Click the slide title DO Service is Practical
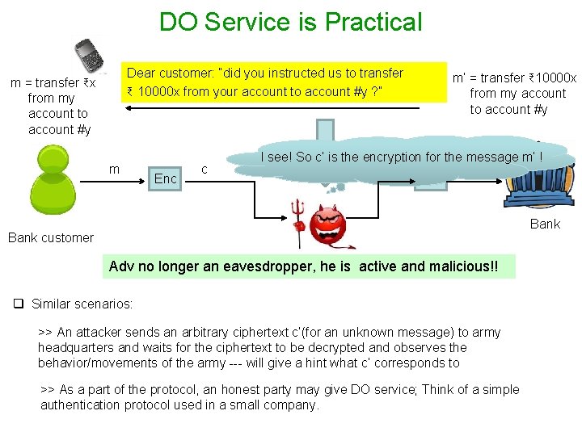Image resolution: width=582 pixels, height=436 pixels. tap(290, 22)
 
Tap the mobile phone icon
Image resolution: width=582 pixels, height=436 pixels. tap(88, 56)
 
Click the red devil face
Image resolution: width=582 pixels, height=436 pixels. tap(328, 225)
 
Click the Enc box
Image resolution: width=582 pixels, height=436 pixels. tap(166, 178)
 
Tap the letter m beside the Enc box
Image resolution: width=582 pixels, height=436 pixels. tap(115, 169)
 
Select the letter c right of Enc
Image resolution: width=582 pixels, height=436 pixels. tap(205, 169)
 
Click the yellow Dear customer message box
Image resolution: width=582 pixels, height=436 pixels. tap(284, 83)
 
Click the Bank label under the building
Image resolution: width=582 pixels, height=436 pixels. tap(544, 224)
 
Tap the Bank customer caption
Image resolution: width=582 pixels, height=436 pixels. tap(51, 237)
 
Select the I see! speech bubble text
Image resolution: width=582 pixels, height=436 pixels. tap(401, 157)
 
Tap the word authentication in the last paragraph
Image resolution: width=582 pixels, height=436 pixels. tap(78, 405)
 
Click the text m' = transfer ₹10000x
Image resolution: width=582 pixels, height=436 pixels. tap(514, 78)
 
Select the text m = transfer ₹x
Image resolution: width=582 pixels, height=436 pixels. tap(53, 83)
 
